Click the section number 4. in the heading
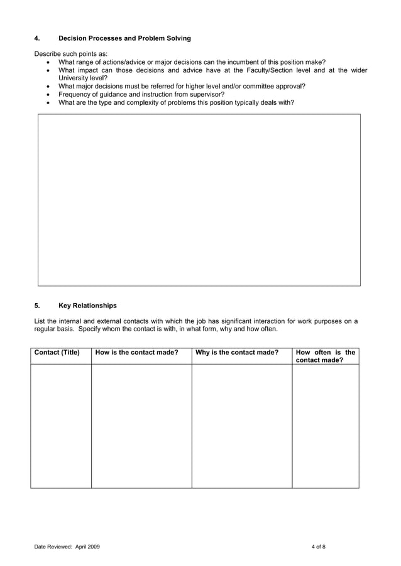point(36,39)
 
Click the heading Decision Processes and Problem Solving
point(124,39)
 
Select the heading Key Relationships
point(87,306)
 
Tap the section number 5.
point(36,306)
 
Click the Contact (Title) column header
point(57,353)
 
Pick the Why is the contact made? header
point(237,353)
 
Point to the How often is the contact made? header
point(325,356)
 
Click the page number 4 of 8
point(318,547)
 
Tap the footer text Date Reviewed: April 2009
point(67,547)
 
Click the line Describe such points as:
point(71,54)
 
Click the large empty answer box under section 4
point(199,200)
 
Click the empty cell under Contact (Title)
point(61,425)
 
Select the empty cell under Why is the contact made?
point(241,425)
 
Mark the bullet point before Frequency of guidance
point(50,94)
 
